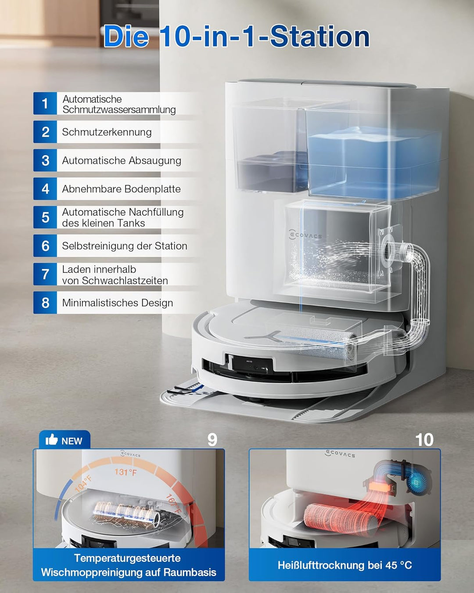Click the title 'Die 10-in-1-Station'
point(237,36)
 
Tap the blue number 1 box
point(45,104)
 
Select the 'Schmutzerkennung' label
point(107,132)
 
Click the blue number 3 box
point(45,161)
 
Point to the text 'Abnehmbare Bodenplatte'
point(121,189)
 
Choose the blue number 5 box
point(45,217)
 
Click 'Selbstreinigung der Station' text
point(124,246)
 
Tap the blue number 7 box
point(45,275)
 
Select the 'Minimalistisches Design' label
point(117,303)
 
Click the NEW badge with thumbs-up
point(64,440)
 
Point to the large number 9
point(212,440)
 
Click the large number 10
point(424,440)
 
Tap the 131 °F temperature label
point(126,472)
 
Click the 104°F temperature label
point(83,483)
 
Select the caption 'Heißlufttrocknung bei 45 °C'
point(345,565)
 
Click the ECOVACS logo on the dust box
point(305,235)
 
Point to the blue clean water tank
point(373,163)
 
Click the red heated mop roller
point(338,518)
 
